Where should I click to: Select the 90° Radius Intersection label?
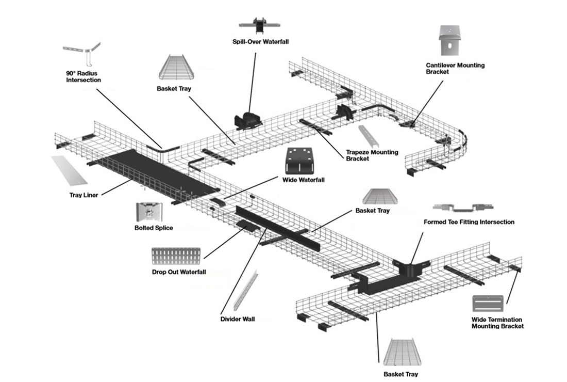[x=84, y=77]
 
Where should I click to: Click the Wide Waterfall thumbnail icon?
[x=299, y=161]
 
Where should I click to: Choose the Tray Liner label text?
[x=85, y=195]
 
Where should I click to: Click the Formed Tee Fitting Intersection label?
[x=469, y=222]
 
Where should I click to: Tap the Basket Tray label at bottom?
[x=401, y=374]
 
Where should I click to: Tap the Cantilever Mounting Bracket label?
[x=455, y=69]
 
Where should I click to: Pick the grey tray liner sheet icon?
[x=70, y=171]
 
